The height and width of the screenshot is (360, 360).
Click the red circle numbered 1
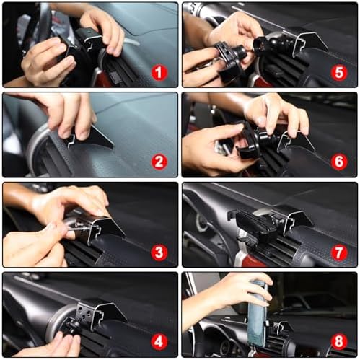pyautogui.click(x=159, y=73)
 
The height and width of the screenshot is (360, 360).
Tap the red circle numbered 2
pyautogui.click(x=159, y=162)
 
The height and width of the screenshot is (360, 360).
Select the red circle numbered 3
pyautogui.click(x=159, y=252)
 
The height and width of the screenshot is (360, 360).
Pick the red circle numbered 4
pyautogui.click(x=159, y=341)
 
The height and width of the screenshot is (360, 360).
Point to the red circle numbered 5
pyautogui.click(x=339, y=72)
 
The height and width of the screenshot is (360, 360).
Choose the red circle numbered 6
pyautogui.click(x=339, y=162)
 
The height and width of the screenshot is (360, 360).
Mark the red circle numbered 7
pyautogui.click(x=339, y=252)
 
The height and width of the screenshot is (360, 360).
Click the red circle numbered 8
pyautogui.click(x=339, y=341)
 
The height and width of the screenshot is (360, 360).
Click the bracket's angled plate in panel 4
pyautogui.click(x=111, y=312)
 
